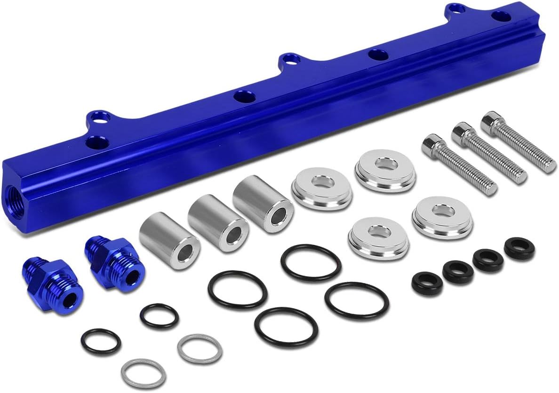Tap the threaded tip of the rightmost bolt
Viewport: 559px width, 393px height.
coord(549,166)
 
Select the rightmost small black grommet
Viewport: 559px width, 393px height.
coord(519,248)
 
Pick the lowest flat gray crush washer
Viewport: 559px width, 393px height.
coord(143,373)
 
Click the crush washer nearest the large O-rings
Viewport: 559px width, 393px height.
coord(200,348)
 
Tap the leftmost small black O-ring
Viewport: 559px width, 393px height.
coord(100,341)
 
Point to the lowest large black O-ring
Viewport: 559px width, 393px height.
coord(286,327)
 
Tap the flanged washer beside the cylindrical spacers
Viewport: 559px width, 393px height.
coord(321,188)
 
